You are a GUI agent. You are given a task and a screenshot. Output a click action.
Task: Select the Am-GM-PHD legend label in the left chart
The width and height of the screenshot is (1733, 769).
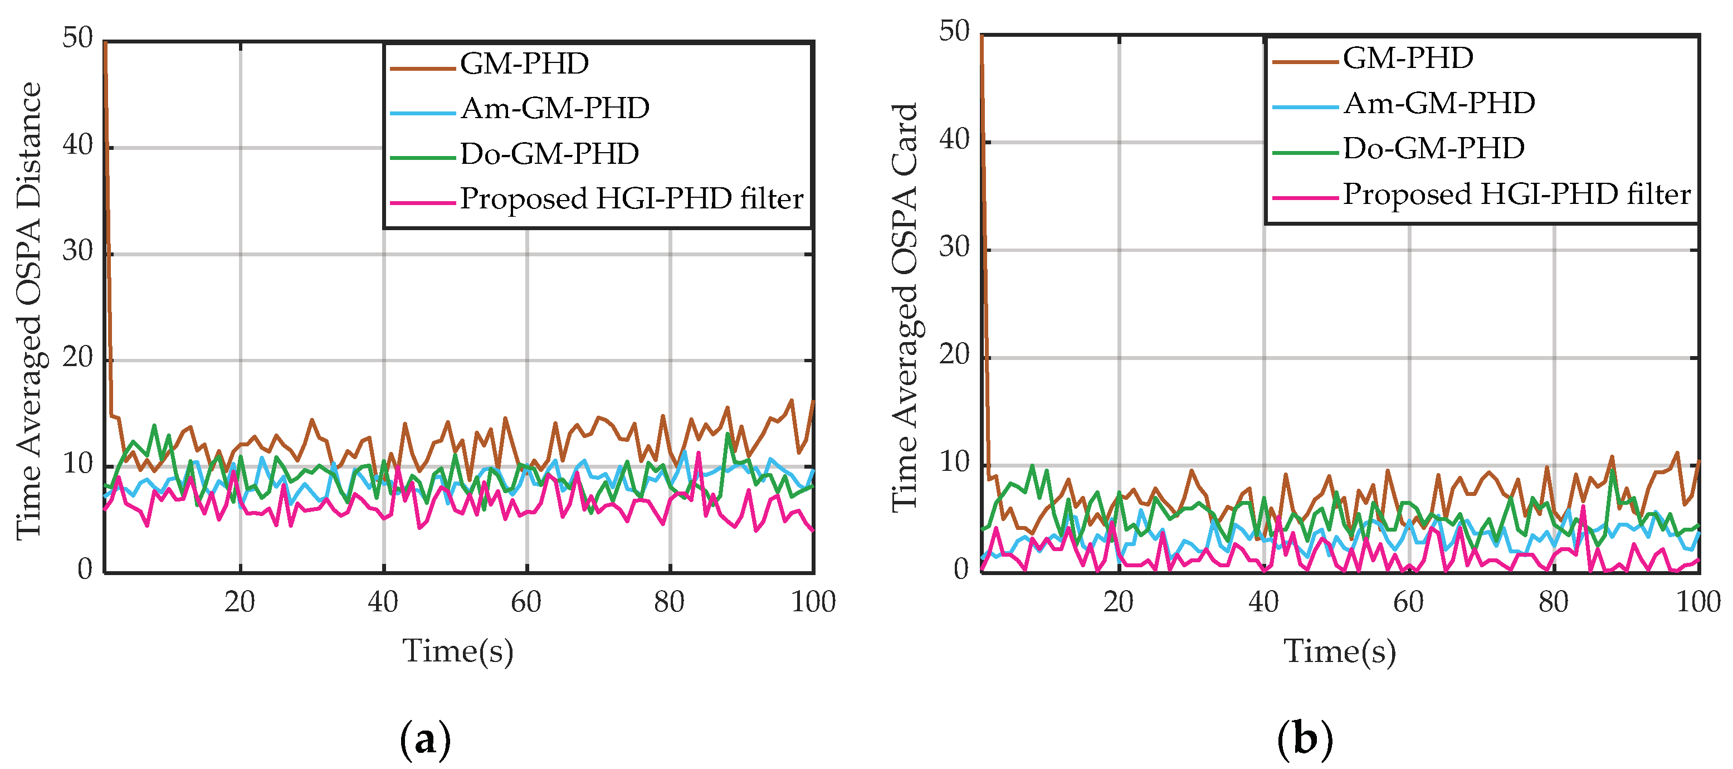(555, 108)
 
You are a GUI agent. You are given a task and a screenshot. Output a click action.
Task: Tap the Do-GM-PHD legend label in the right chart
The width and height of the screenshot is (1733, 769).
(1434, 149)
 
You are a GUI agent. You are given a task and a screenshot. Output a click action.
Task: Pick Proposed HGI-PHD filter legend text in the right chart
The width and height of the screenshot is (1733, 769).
(1516, 194)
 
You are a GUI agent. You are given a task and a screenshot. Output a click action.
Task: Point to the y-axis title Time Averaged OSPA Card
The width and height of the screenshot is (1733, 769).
(906, 308)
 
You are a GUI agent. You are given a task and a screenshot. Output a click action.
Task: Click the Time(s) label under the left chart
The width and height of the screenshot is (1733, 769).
(458, 651)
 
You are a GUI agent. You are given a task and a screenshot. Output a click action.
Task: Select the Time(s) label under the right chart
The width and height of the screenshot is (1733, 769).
(1340, 651)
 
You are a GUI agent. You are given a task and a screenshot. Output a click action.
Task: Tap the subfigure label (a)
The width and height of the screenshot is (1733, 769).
(425, 739)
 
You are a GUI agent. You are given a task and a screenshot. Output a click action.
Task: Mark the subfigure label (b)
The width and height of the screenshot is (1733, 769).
(1305, 739)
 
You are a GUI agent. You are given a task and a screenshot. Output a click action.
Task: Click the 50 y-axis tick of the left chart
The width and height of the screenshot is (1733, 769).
(77, 38)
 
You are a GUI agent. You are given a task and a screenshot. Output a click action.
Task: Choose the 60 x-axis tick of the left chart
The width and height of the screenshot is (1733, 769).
(526, 601)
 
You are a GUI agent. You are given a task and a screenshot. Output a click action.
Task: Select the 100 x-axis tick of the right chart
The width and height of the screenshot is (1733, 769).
(1697, 601)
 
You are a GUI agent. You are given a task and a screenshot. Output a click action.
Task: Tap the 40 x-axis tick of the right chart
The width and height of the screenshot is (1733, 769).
(1263, 601)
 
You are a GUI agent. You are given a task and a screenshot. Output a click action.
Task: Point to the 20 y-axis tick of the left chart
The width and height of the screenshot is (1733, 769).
(77, 357)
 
